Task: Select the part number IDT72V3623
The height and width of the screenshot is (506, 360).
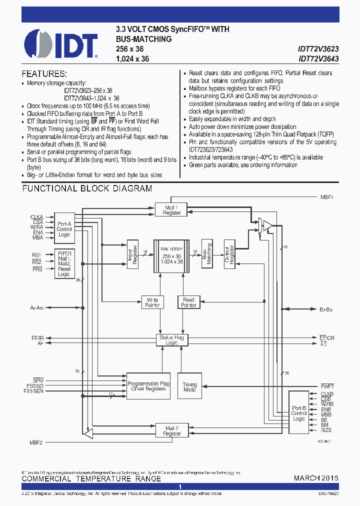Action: pos(318,49)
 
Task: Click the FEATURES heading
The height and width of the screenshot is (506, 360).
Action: pos(44,73)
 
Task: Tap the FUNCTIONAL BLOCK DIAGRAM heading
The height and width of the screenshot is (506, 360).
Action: pos(87,188)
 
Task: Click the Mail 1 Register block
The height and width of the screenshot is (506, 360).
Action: pos(171,210)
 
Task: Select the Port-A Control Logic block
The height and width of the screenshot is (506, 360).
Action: pos(64,229)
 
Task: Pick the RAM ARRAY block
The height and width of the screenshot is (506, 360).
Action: pos(171,255)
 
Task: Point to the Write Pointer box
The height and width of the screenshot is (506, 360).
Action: pos(152,302)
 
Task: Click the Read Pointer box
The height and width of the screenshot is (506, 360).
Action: pos(188,302)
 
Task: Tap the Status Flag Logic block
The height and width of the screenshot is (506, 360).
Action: pos(171,340)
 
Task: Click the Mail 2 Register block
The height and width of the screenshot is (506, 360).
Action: pos(171,430)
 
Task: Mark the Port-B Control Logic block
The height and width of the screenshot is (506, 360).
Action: pos(299,413)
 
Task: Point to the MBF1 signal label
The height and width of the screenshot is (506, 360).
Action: pos(327,197)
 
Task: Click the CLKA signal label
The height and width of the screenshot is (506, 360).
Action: pos(36,217)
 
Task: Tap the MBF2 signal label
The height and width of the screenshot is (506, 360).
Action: pos(35,442)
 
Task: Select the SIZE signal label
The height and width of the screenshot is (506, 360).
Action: pos(326,430)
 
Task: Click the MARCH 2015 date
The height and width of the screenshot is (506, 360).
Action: pos(315,478)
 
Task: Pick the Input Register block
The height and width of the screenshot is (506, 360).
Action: pos(132,254)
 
